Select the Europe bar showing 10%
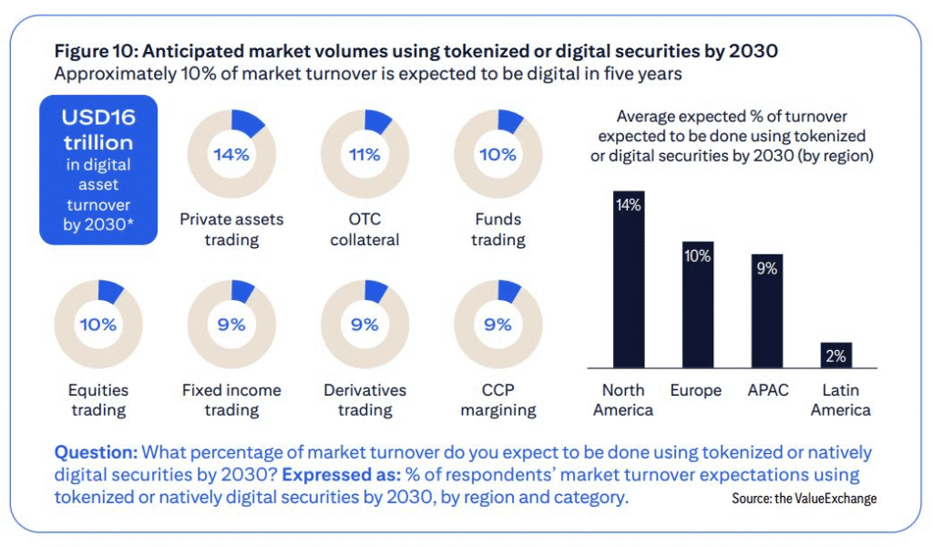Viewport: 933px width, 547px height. click(x=698, y=304)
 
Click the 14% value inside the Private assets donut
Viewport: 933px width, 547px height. click(x=231, y=154)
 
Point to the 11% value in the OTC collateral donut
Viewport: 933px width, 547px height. click(x=364, y=154)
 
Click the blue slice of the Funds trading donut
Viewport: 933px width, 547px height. click(x=510, y=122)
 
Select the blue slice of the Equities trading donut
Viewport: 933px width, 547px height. click(x=110, y=292)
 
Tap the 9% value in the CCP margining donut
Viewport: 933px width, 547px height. click(x=497, y=325)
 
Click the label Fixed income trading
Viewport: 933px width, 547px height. click(x=231, y=399)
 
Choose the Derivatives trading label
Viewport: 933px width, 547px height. click(x=364, y=399)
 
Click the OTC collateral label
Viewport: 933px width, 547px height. click(x=364, y=229)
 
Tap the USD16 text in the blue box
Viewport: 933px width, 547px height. click(x=98, y=118)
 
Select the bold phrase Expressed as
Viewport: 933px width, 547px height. click(x=335, y=475)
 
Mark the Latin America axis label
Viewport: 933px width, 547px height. click(x=840, y=399)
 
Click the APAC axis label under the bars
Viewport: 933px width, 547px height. click(x=766, y=390)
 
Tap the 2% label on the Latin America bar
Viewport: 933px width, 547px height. click(x=836, y=356)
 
